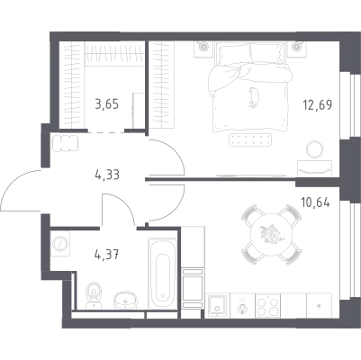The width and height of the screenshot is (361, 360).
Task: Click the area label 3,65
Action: coord(107,104)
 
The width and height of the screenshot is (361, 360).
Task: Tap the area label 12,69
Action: coord(318,105)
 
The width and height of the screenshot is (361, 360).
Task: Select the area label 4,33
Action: coord(107,175)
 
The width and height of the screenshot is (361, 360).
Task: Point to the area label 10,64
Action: coord(316,202)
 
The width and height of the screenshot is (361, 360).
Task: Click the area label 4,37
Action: coord(107,255)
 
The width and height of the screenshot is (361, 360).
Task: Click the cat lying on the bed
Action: coord(254,97)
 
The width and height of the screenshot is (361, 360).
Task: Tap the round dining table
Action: coord(271,234)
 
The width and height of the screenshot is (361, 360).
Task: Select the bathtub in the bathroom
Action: coord(162,273)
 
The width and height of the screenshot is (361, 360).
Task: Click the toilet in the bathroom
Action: coord(94,295)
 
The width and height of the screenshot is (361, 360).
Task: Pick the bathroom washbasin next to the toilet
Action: coord(125,300)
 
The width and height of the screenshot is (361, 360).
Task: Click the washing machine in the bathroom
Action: coord(60,244)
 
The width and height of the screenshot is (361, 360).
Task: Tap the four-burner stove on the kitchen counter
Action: coord(267,305)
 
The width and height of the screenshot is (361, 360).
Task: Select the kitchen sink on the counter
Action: coord(218,305)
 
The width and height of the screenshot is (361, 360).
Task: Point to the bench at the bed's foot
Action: coord(250,139)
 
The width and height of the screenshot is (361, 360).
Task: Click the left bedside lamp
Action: coord(204,46)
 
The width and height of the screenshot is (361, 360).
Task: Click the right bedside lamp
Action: coord(297,46)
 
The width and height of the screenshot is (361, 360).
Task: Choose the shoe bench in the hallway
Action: coord(65,142)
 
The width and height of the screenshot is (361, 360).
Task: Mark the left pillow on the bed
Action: coord(234,54)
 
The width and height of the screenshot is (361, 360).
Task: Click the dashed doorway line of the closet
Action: coord(106,131)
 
